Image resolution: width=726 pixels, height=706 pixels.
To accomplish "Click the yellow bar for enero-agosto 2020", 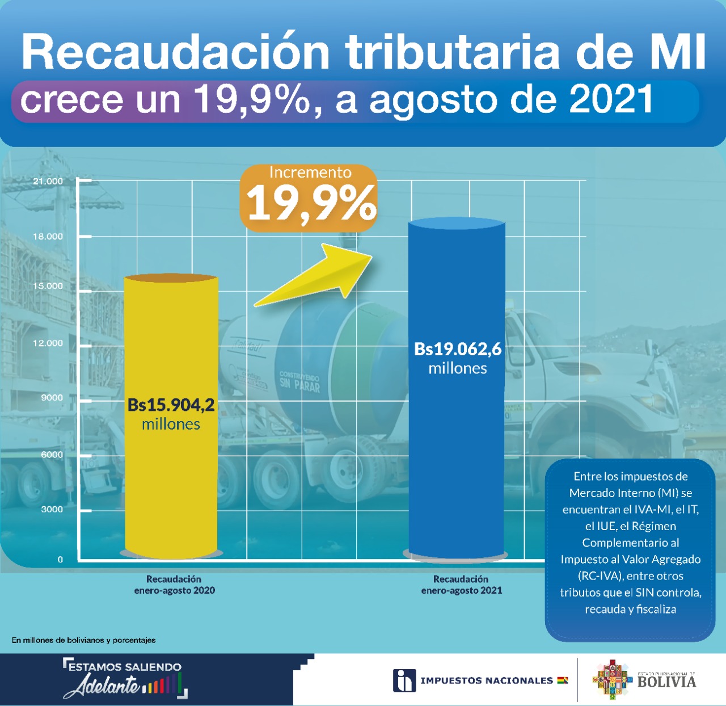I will click(171, 341).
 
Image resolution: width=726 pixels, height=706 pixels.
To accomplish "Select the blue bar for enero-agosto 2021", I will click(457, 454).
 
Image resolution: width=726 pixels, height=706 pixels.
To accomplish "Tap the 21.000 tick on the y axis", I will click(48, 182).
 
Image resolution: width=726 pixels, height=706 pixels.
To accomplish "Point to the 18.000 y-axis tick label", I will click(48, 237).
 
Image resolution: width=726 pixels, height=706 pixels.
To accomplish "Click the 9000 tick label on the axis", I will click(52, 398).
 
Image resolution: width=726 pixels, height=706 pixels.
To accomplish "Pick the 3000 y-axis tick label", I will click(52, 510).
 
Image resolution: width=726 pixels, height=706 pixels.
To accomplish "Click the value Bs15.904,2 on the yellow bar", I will click(171, 405).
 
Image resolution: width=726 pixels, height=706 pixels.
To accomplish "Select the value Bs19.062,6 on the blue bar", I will click(458, 348).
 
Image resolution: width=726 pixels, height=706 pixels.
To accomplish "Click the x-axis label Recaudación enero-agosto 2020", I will click(174, 585).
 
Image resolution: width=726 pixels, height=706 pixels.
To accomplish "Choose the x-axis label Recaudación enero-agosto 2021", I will click(461, 585).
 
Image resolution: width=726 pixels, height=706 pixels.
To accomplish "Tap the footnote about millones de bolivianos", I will click(83, 640).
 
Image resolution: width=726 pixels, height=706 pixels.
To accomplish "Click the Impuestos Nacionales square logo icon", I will click(404, 680).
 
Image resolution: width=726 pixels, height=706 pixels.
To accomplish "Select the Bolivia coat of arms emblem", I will click(611, 679).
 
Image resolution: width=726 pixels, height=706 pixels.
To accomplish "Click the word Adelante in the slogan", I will click(102, 686).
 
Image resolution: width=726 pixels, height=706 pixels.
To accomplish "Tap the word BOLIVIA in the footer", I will click(666, 682).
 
